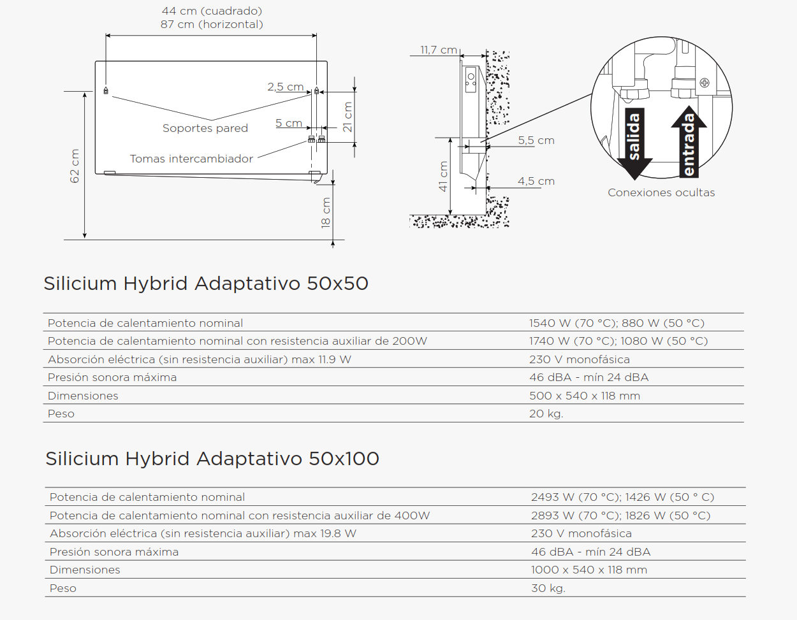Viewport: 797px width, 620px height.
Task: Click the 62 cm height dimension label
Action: point(75,166)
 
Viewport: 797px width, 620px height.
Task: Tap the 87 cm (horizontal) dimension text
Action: point(212,25)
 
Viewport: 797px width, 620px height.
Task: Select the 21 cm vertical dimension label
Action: point(347,117)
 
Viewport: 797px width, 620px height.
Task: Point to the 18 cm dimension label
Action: point(326,213)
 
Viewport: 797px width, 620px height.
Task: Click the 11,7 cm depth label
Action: point(439,50)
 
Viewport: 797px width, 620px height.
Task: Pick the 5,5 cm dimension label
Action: point(536,140)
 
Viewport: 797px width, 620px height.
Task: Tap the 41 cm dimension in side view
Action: point(443,177)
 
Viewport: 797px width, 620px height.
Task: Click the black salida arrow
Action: point(634,143)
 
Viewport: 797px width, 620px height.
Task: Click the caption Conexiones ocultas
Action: point(661,192)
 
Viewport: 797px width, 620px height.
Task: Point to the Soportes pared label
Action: point(205,128)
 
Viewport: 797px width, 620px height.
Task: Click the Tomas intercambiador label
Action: point(191,159)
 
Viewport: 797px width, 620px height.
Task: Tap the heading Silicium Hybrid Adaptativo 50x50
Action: point(206,284)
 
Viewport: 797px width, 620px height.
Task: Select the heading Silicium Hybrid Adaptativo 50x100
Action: point(212,458)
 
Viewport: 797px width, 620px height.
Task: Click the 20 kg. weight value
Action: point(546,414)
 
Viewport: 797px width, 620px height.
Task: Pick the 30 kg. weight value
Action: point(548,588)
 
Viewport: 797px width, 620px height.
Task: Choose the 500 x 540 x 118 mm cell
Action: point(585,396)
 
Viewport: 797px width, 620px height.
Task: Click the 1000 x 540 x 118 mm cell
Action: point(589,570)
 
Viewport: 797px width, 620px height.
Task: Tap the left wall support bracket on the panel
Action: point(106,90)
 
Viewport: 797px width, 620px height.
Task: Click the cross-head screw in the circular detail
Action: point(705,83)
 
